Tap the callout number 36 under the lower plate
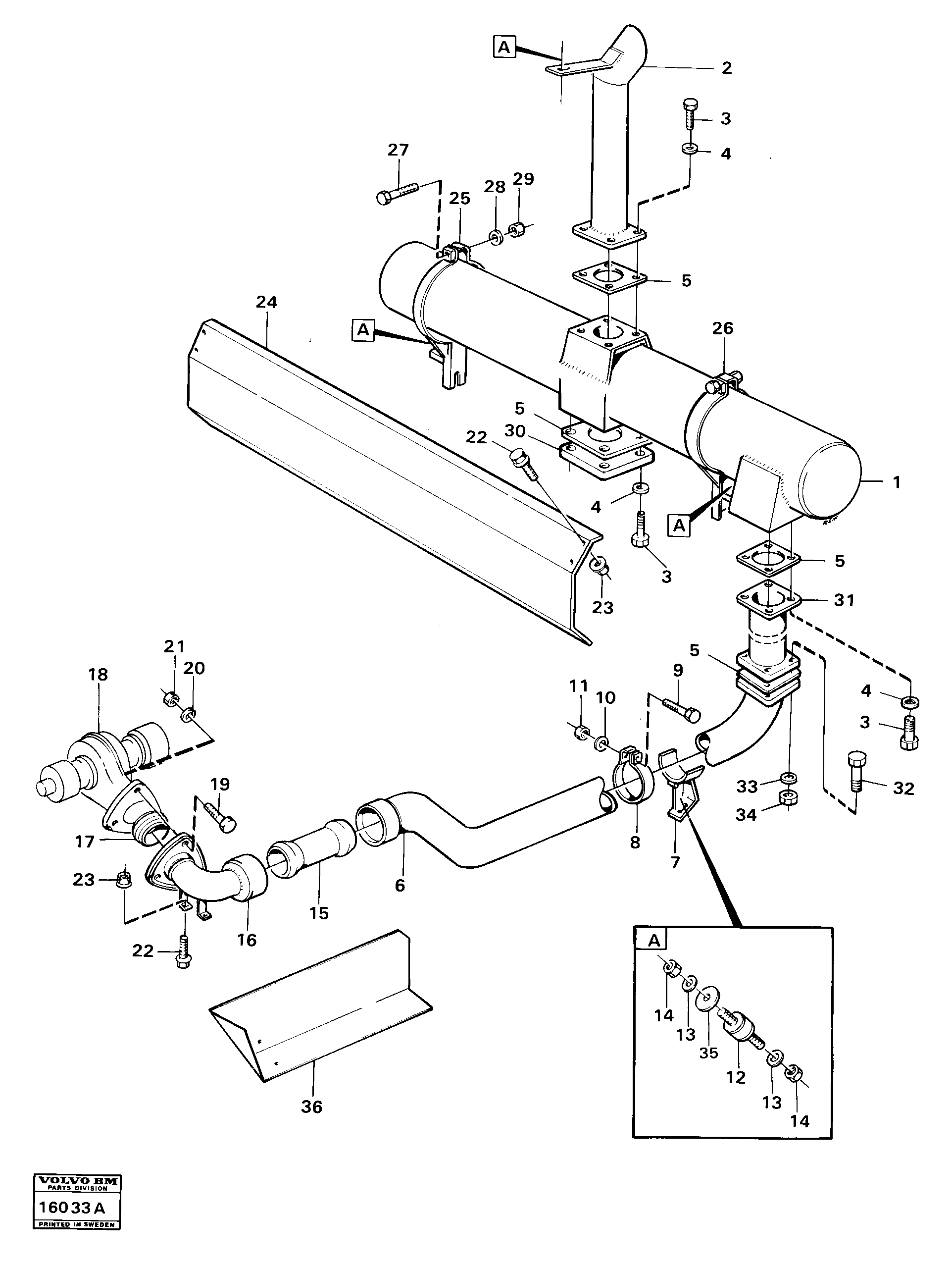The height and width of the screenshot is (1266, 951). [x=312, y=1107]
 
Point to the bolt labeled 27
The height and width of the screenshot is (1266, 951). [x=398, y=191]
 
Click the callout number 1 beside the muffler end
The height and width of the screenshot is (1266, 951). [x=897, y=482]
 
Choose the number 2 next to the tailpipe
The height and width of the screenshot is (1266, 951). [x=726, y=68]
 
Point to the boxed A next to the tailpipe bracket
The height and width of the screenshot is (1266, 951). [x=503, y=47]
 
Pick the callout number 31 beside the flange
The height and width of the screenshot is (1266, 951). [x=844, y=600]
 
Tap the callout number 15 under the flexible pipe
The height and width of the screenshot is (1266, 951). [x=319, y=913]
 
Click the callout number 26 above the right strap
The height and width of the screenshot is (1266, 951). [x=723, y=328]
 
